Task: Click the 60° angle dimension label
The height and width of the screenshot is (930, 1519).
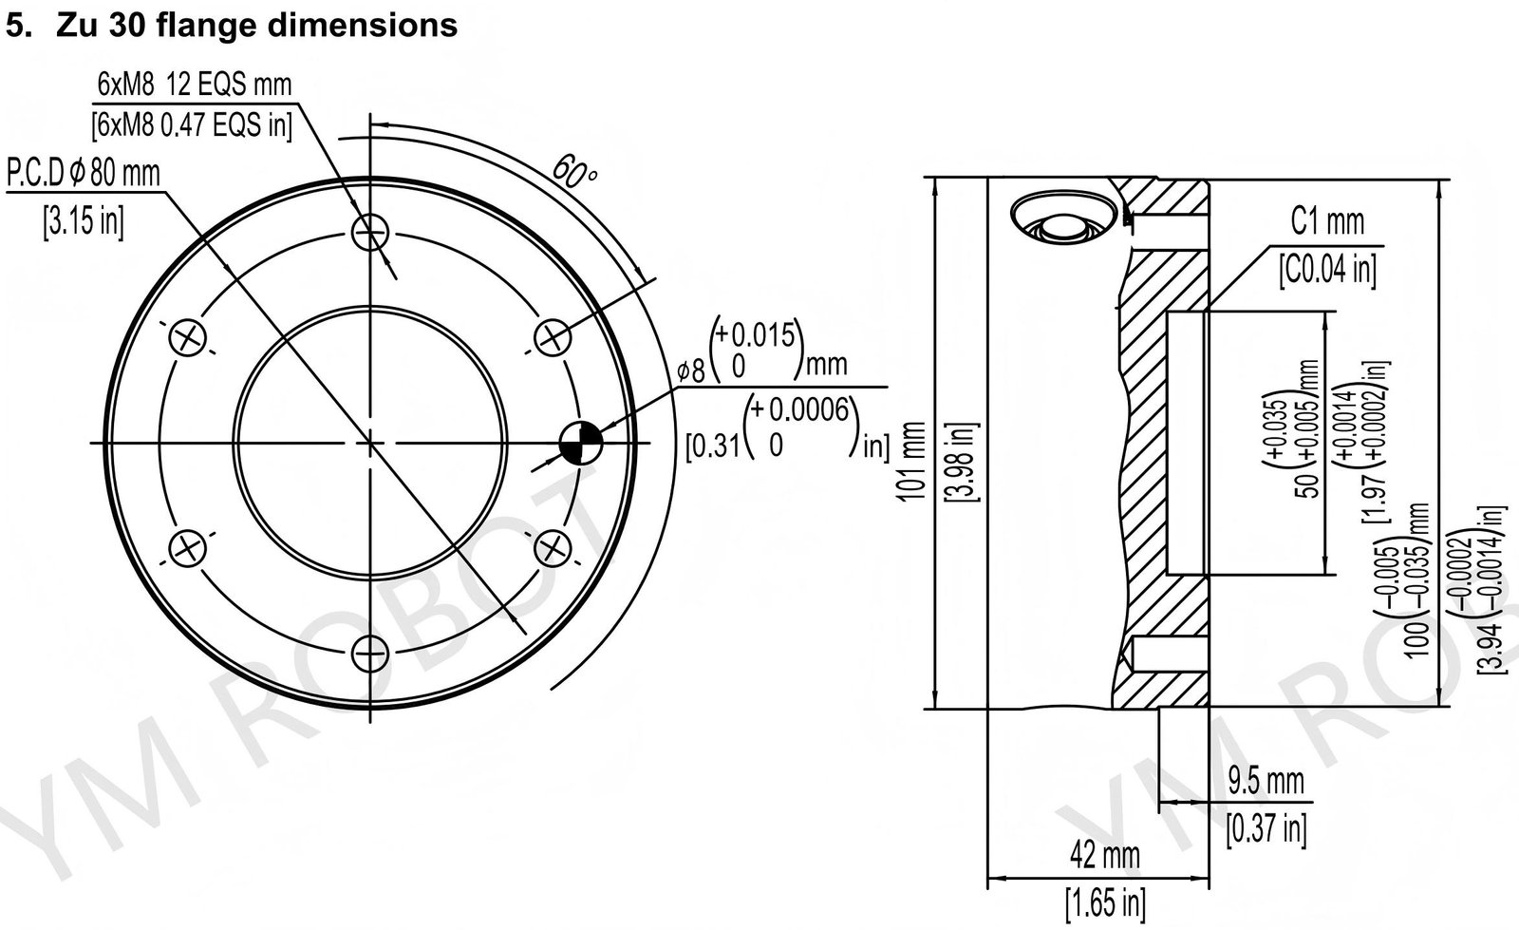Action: point(574,173)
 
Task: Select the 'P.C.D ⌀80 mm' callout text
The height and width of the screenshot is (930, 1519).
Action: point(84,173)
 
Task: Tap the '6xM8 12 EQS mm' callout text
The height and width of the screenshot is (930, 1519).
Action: point(194,85)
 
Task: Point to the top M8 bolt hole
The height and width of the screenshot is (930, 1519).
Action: point(370,230)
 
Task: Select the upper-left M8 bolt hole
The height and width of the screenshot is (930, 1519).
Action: point(188,336)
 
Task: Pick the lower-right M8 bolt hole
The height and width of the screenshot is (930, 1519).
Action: point(553,548)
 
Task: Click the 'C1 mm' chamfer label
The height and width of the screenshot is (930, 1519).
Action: point(1326,222)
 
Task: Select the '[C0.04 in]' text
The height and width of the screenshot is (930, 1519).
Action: point(1326,268)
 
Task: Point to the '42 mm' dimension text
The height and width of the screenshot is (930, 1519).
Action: point(1104,856)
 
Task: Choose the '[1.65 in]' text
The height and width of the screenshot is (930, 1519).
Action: point(1104,900)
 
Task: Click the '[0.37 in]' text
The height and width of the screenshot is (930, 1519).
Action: point(1266,828)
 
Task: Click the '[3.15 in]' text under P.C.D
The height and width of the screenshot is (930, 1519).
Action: point(83,221)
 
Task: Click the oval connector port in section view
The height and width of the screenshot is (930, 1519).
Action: point(1062,219)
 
